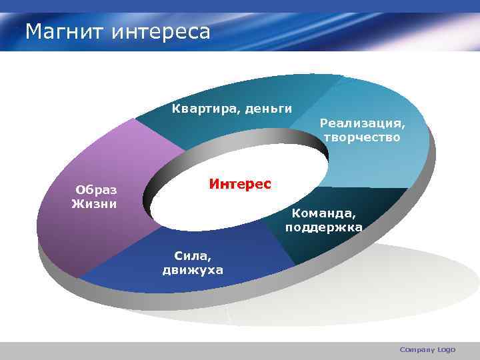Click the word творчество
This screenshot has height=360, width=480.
tap(362, 137)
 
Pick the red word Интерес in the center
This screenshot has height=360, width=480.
tap(240, 183)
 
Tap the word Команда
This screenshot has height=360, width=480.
tap(323, 214)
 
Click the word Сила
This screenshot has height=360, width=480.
tap(192, 255)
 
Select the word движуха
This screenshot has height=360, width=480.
tap(192, 270)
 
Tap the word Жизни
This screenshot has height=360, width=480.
tap(94, 203)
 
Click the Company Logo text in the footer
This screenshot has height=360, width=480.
tap(427, 349)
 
